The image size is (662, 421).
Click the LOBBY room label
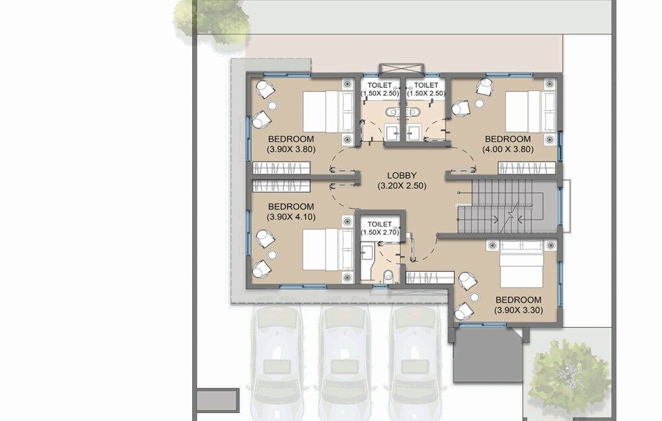coord(401,175)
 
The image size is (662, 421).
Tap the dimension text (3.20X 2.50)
coord(401,185)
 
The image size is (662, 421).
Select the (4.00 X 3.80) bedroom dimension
coord(508,149)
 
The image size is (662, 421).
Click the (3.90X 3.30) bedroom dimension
coord(518,310)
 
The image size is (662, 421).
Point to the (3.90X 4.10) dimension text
coord(291,217)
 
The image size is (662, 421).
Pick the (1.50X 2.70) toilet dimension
coord(380,232)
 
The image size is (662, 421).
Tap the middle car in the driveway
coord(345,362)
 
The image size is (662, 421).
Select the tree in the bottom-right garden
coord(567,375)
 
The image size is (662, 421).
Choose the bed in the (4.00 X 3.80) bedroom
coord(531,112)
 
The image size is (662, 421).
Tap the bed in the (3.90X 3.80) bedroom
coord(328,112)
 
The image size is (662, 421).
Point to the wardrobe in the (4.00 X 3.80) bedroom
coord(527,168)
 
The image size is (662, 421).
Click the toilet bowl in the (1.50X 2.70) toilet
coord(389,276)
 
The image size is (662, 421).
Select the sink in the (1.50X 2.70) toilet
coord(366,253)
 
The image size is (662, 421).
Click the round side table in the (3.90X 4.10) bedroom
coord(272,254)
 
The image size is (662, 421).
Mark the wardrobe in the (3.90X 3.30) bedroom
coord(430,278)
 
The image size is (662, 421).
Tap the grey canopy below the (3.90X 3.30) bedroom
coord(488,355)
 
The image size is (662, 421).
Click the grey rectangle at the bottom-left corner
coord(217,399)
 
